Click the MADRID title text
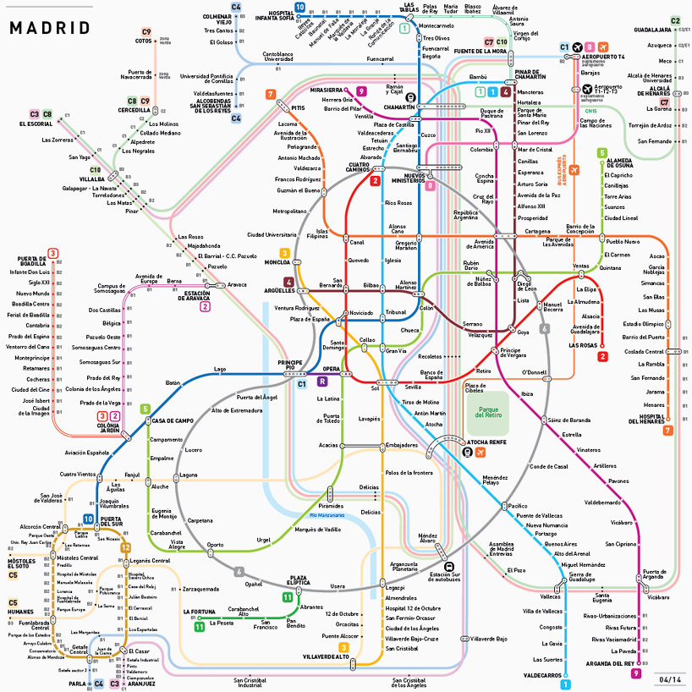[x=49, y=27]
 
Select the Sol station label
[x=375, y=388]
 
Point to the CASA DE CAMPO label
[x=173, y=420]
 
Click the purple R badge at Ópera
[x=321, y=382]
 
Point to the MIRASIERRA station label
[x=326, y=90]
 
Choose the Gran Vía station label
[x=396, y=350]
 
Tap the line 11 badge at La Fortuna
[x=200, y=627]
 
